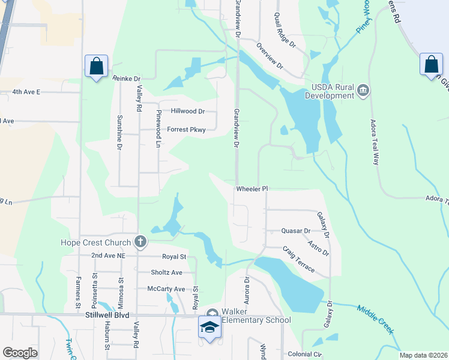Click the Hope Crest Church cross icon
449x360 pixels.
140,242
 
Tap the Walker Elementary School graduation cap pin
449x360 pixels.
209,328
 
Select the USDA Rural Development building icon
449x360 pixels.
363,91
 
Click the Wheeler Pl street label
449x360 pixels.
251,188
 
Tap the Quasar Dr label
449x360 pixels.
297,230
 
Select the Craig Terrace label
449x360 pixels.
298,259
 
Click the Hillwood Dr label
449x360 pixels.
188,111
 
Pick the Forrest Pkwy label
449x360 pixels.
186,129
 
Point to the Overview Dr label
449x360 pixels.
269,56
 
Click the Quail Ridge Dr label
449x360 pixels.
285,30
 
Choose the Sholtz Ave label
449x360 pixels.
167,272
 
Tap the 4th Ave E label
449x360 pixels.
26,92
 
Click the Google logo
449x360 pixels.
20,353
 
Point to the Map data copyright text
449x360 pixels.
424,355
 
